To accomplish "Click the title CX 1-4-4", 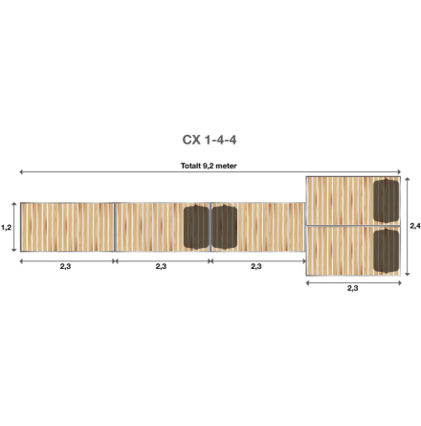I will [210, 140].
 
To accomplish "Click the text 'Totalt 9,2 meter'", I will [210, 165].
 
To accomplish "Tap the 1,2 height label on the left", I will [6, 227].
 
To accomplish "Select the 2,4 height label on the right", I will [414, 227].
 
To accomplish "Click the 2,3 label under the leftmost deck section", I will [65, 266].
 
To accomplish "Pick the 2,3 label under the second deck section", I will [161, 266].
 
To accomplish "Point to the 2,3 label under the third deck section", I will [255, 266].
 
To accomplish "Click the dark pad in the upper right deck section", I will [386, 199].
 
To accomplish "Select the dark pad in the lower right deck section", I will [386, 251].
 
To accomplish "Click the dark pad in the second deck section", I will [196, 226].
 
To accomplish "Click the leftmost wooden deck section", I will [67, 227].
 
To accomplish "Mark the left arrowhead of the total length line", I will [22, 172].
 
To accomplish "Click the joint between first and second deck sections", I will [115, 227].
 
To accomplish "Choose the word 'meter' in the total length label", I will [227, 165].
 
